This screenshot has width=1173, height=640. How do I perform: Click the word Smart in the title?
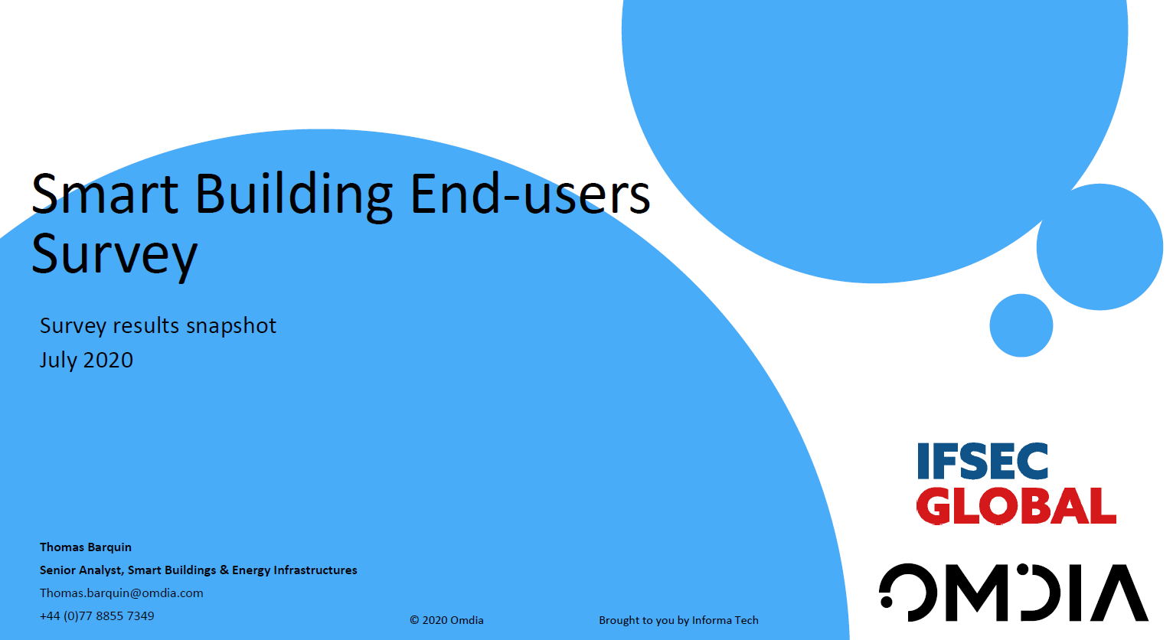point(105,194)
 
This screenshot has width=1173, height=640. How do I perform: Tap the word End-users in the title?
point(530,194)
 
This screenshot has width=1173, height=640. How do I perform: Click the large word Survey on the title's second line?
point(114,255)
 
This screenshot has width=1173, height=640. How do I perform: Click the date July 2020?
point(87,360)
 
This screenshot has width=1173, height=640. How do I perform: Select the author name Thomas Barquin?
point(86,547)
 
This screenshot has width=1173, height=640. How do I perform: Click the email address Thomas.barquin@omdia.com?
point(122,593)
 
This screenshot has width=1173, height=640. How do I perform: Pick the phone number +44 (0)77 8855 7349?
point(97,616)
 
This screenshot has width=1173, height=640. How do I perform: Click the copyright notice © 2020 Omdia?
point(446,620)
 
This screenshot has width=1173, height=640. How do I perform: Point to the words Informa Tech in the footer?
point(725,620)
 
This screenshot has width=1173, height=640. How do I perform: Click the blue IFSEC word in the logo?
point(982,462)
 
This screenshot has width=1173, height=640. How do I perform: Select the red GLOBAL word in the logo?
point(1016,506)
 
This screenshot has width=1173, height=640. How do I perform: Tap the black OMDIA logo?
point(1014,593)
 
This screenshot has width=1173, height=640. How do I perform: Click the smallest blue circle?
point(1021,325)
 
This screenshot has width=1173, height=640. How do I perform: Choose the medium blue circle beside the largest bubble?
point(1099,247)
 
